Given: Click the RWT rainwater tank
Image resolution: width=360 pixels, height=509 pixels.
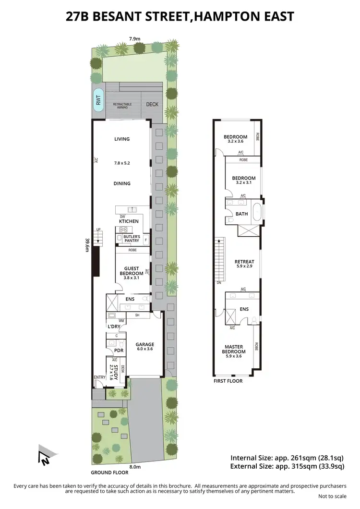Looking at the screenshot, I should pos(98,101).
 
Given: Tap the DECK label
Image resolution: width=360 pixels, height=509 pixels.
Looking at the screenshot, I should pos(152,104).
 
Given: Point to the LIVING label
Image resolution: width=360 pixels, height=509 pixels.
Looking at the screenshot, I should pos(122,139).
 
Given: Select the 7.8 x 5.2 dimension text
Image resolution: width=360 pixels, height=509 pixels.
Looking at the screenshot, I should pos(122,163).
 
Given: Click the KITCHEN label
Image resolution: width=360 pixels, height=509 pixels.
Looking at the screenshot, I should pos(128,221).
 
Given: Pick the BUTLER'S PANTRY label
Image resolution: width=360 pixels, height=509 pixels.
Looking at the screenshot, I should pos(132,239).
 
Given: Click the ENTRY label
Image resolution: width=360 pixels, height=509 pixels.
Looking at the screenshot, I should pos(100,377).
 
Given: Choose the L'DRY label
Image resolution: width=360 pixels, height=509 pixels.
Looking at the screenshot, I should pos(114,327).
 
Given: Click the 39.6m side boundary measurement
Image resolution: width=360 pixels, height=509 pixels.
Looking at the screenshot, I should pos(87,244).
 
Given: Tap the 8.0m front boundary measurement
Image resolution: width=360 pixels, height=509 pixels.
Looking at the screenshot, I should pos(134,466).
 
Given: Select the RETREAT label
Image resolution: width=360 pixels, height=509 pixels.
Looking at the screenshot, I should pos(244,262).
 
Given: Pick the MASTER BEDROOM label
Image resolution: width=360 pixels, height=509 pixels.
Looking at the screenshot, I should pos(234,350).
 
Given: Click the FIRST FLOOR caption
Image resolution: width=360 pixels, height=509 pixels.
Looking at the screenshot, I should pos(228,381).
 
